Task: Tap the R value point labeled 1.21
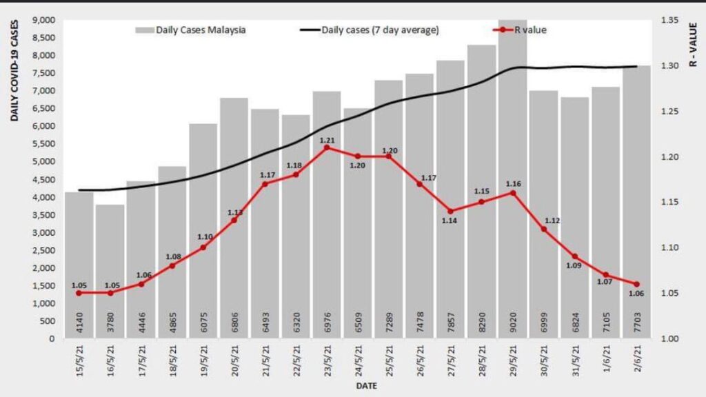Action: pyautogui.click(x=327, y=147)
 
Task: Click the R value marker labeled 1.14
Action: pyautogui.click(x=450, y=212)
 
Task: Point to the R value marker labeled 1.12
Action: pyautogui.click(x=543, y=229)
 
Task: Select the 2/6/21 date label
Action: pyautogui.click(x=636, y=358)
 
